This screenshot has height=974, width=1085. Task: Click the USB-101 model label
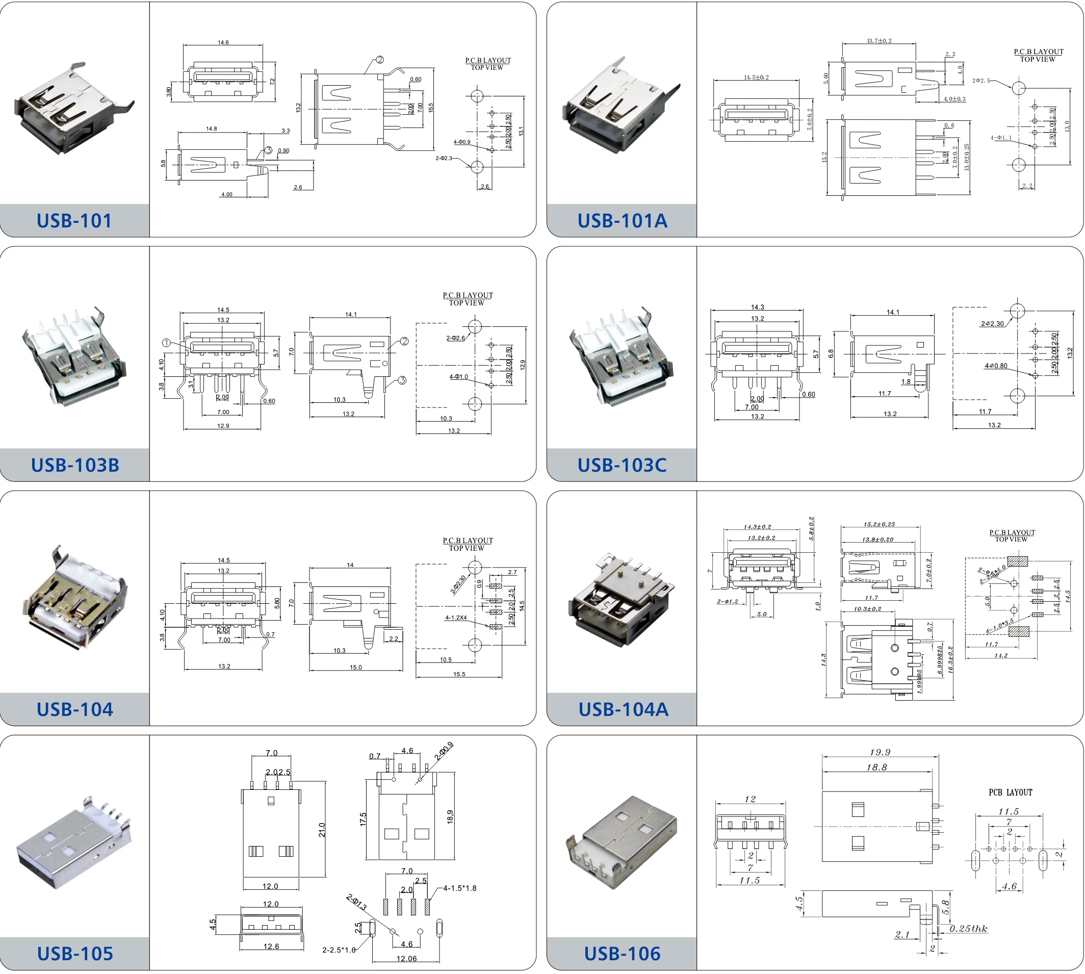74,220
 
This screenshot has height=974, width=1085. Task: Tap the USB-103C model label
622,465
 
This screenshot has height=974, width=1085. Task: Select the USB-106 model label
622,954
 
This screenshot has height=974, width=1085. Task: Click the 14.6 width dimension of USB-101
223,42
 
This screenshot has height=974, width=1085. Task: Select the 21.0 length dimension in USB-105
322,830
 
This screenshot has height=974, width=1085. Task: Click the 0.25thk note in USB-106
968,929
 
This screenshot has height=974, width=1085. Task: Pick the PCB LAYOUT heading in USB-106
1010,792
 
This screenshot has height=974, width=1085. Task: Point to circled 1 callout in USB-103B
166,343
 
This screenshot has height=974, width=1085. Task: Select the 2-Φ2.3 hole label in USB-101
444,159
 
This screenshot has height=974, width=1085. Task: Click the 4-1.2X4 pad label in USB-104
456,618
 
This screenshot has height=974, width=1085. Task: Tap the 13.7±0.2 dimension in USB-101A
879,41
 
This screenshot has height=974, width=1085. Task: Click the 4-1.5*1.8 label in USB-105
459,888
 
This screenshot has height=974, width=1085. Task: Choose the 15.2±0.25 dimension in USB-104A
879,524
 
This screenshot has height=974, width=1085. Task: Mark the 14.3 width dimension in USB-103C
757,307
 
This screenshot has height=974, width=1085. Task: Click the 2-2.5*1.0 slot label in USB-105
339,950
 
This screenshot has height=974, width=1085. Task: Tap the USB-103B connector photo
74,356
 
